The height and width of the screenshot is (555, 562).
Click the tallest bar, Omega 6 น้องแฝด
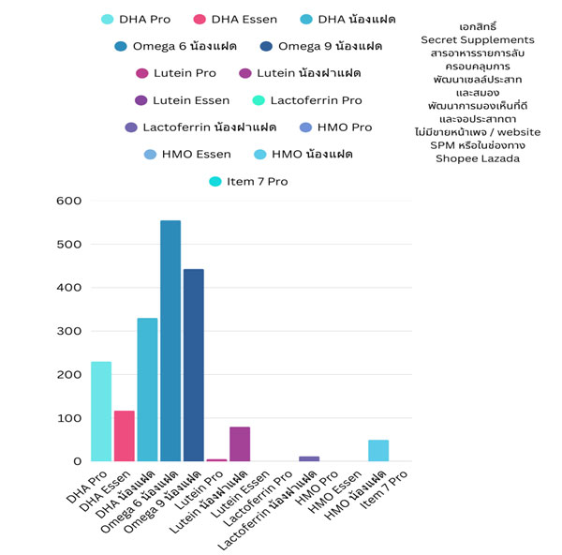tap(170, 341)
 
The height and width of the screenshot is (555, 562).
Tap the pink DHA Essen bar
tap(125, 436)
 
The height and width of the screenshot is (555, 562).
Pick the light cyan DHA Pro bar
tap(101, 412)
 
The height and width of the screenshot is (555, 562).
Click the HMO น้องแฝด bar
tap(378, 451)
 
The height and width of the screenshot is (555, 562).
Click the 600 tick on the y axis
tap(70, 201)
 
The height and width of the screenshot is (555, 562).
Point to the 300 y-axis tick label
tap(70, 331)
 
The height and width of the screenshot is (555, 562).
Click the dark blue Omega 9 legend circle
tap(268, 47)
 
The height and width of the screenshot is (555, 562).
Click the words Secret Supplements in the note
tap(478, 40)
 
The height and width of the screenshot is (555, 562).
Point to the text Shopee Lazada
tap(478, 158)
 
